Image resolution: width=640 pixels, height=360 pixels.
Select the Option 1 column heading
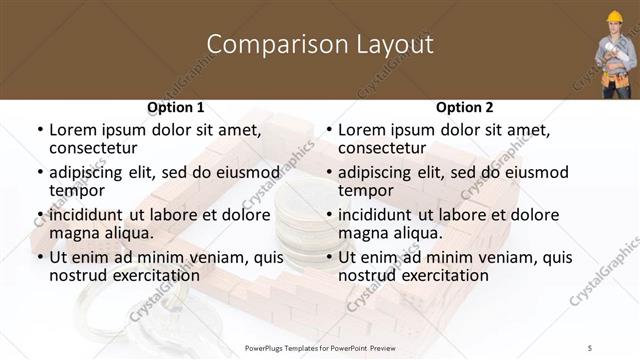coord(175,107)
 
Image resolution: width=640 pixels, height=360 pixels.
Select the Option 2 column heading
coord(464,107)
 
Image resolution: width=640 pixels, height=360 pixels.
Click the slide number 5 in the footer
coord(590,347)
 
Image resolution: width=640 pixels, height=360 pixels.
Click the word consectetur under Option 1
coord(97,148)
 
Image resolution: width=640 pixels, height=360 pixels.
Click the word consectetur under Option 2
coord(386,148)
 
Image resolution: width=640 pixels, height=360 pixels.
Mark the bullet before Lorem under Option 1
coord(40,130)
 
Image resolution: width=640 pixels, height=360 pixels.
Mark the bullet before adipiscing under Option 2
coord(329,172)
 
